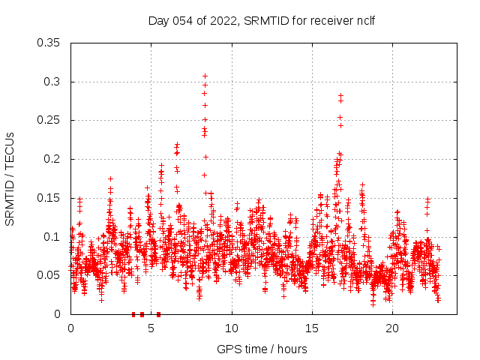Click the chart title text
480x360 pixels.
point(261,20)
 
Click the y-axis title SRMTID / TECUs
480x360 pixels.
point(10,178)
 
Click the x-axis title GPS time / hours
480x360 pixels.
point(262,349)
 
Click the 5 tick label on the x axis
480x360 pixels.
point(151,329)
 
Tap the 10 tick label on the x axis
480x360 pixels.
point(232,329)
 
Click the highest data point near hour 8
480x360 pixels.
point(205,76)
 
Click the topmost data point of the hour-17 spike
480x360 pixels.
point(340,95)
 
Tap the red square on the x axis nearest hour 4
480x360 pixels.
point(133,314)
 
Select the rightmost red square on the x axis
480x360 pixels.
point(158,314)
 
